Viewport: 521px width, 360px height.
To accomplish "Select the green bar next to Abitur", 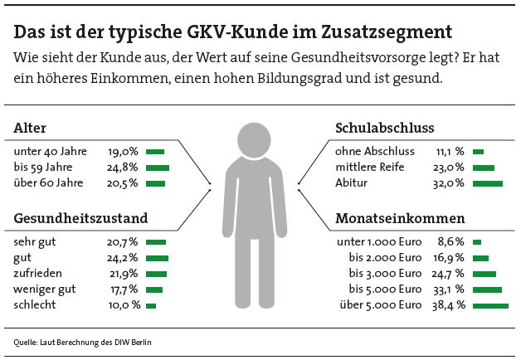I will tap(488, 182).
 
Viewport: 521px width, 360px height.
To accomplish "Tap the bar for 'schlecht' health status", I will tap(151, 305).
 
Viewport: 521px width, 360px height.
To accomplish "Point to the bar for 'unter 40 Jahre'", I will tap(155, 152).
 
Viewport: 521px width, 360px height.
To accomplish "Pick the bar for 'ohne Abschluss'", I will tap(478, 152).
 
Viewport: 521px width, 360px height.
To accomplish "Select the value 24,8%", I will tap(123, 168).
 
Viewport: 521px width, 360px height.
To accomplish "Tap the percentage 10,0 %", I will tap(123, 305).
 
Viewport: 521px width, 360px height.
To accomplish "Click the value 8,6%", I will tap(449, 241).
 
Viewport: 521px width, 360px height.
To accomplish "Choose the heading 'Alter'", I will tap(31, 129).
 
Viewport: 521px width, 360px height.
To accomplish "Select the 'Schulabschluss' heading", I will tap(384, 129).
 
